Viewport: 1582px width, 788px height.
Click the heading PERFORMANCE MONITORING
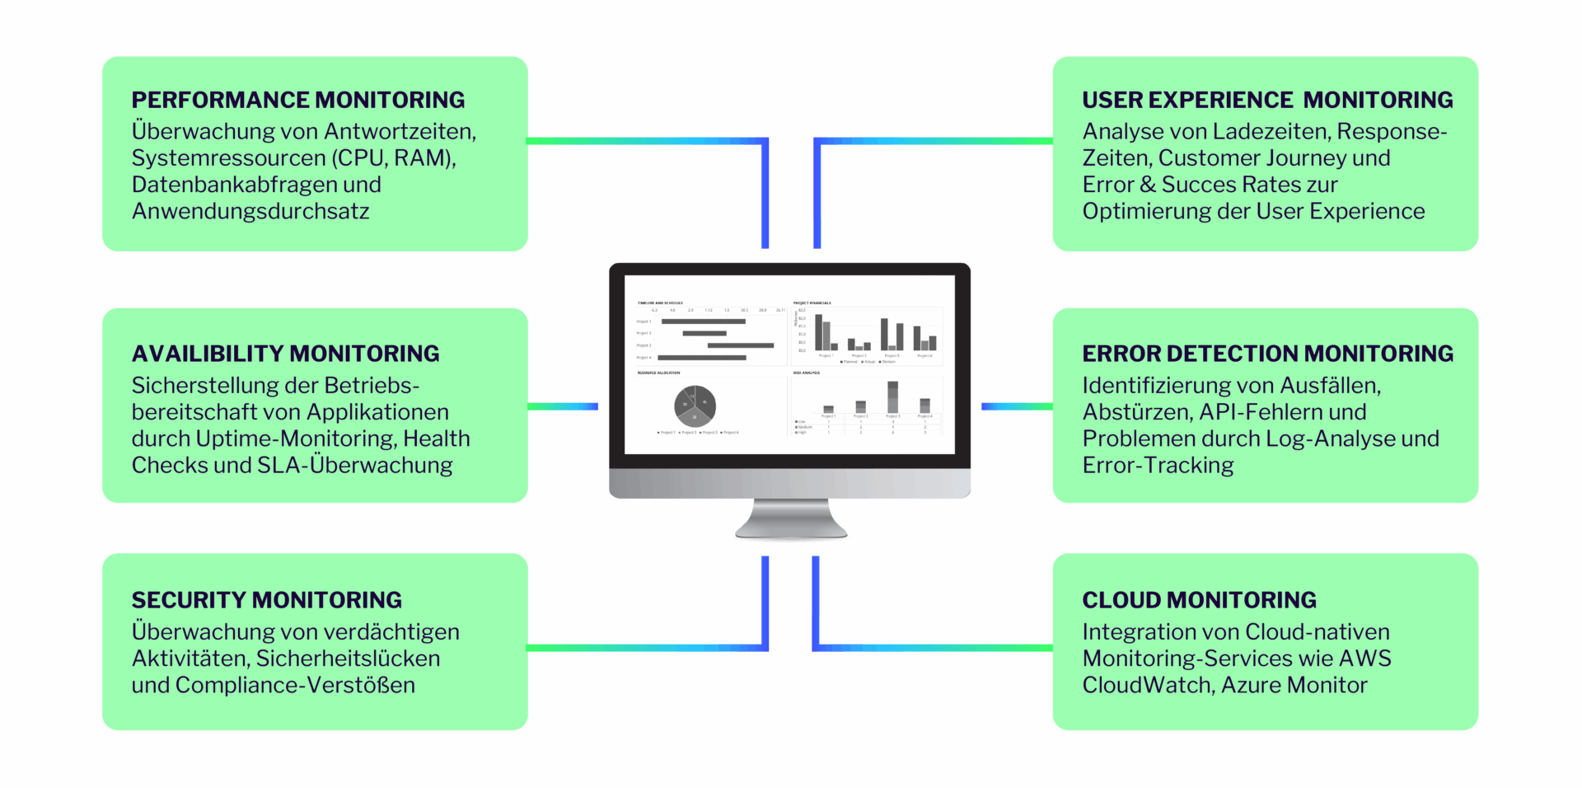click(x=297, y=100)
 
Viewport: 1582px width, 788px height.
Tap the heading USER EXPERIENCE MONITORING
click(x=1266, y=100)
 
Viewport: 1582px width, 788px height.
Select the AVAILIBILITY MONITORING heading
click(x=285, y=354)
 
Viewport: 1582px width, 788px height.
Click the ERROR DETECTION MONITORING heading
click(x=1266, y=354)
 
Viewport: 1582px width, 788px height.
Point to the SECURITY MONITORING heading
click(x=266, y=600)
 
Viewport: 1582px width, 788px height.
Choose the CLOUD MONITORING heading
click(x=1198, y=600)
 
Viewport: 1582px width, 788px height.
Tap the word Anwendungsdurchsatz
click(x=250, y=211)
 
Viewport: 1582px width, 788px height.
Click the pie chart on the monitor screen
click(x=695, y=405)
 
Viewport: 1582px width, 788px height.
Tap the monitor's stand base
click(x=791, y=528)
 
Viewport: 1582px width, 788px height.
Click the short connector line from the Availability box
click(x=562, y=406)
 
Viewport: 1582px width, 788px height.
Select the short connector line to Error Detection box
click(x=1016, y=406)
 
